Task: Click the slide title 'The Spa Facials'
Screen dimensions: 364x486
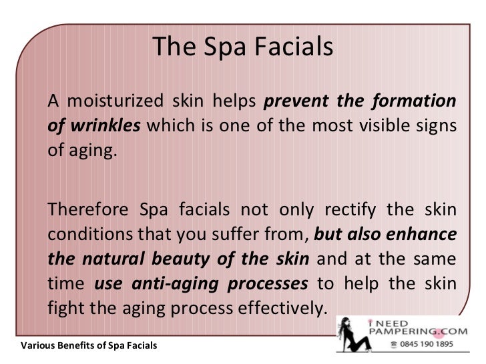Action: pyautogui.click(x=242, y=47)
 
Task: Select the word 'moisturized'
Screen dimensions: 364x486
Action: pyautogui.click(x=119, y=102)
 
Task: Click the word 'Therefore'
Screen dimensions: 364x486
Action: pyautogui.click(x=87, y=211)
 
